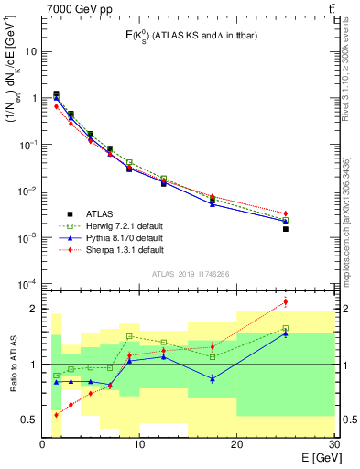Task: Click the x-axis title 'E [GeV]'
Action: (x=308, y=456)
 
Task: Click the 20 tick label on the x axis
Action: (x=235, y=442)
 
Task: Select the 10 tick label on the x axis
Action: (x=139, y=442)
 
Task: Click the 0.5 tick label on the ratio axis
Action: (x=29, y=420)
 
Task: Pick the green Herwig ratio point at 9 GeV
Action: (x=130, y=336)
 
